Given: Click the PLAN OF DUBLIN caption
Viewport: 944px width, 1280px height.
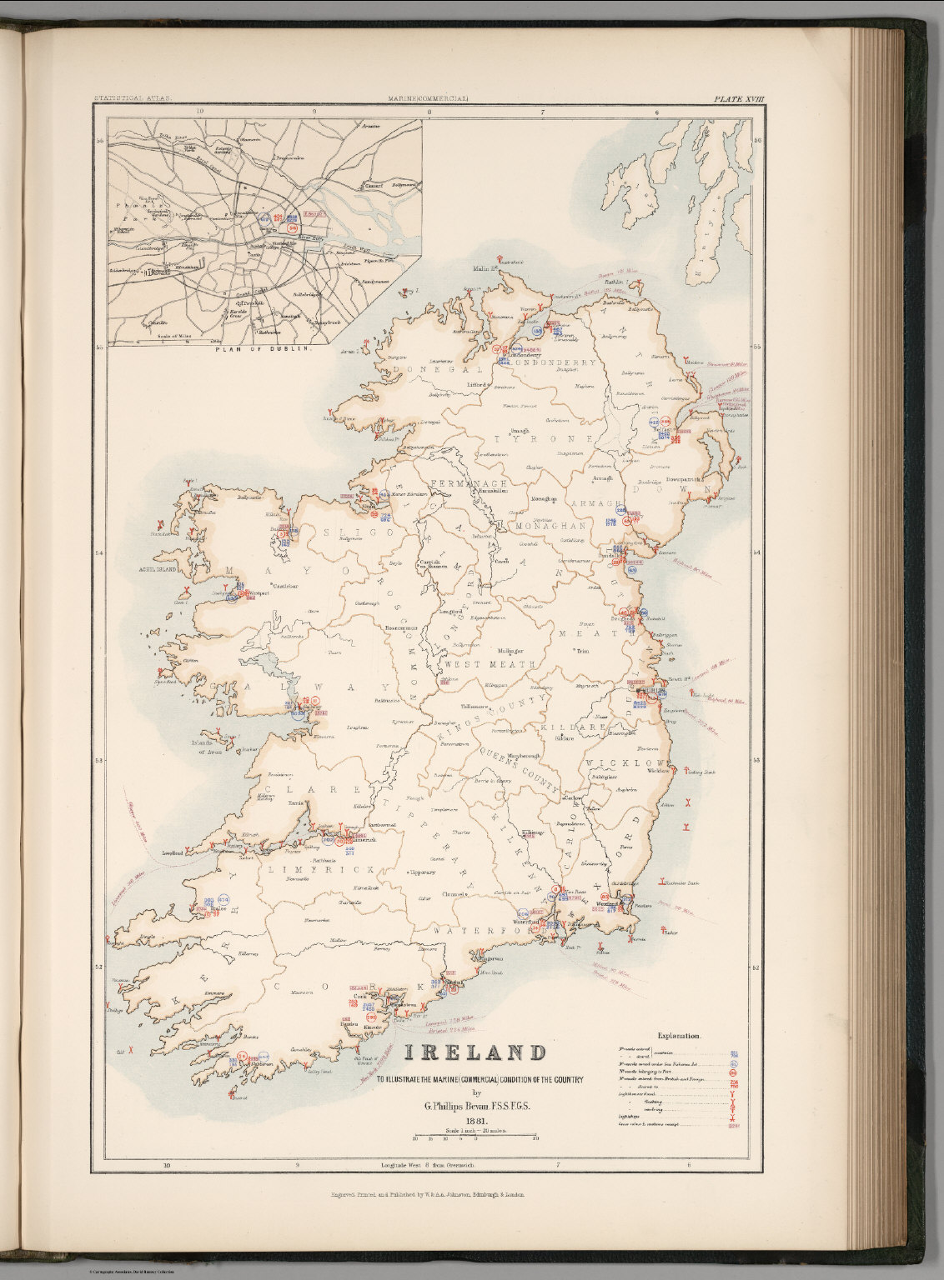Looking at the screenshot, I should (x=263, y=350).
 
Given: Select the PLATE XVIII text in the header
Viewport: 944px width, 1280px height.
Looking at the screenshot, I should (x=738, y=99).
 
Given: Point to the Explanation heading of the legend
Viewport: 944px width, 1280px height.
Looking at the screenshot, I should (x=679, y=1036).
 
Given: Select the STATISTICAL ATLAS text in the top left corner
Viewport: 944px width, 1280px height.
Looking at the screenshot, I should (x=133, y=99).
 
